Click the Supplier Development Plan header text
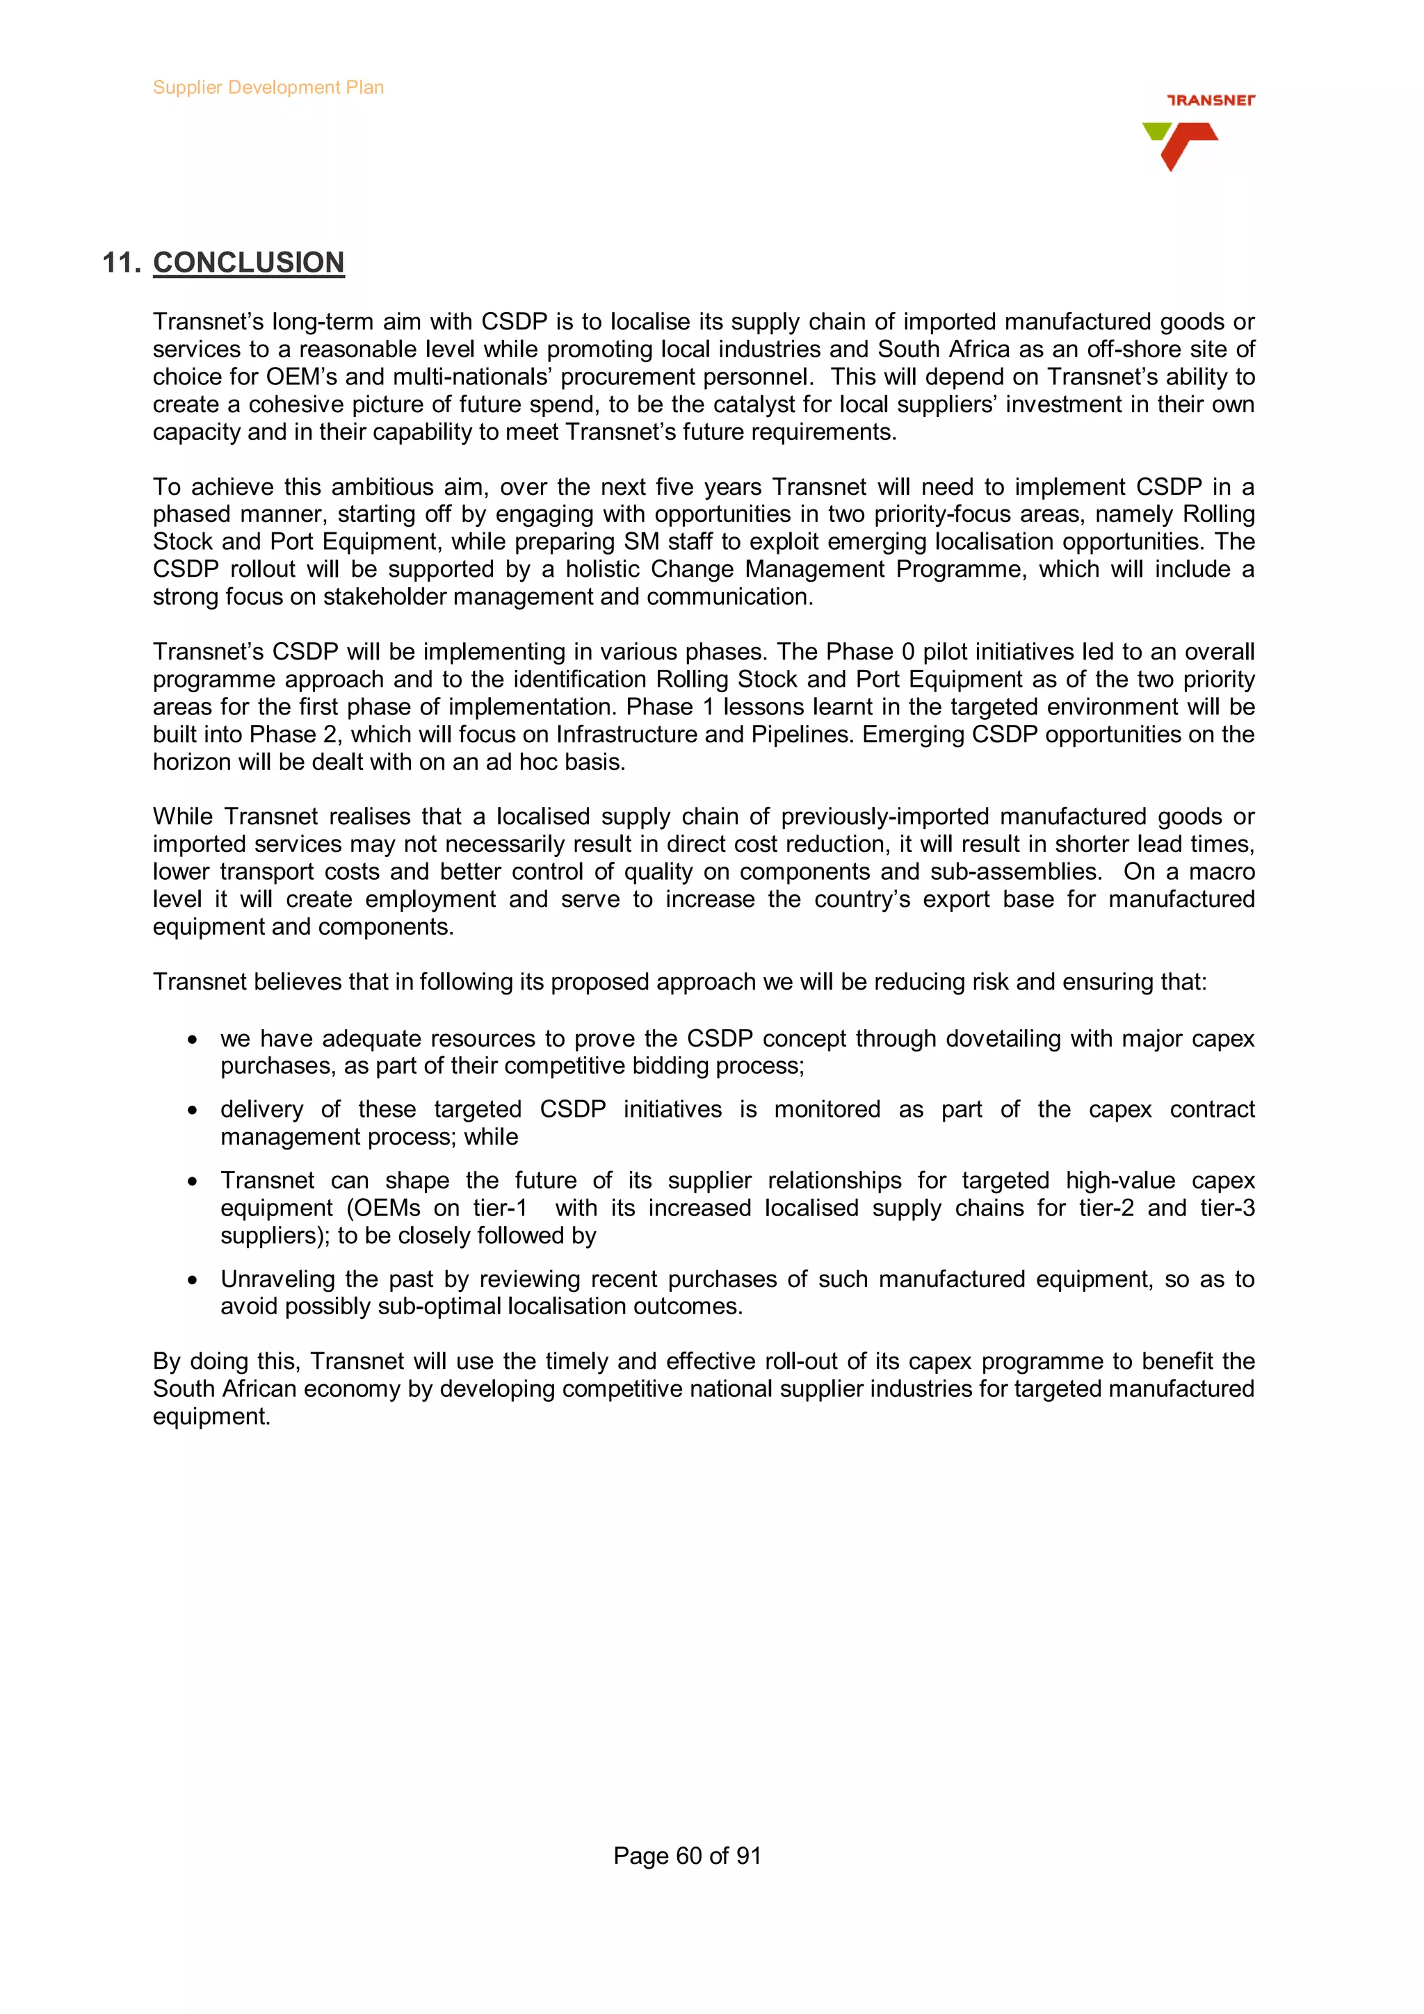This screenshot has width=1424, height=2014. pos(268,88)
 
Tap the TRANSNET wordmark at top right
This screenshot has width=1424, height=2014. pos(1210,100)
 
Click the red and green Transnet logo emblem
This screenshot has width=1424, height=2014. pos(1180,145)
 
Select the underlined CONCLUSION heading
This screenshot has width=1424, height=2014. pos(248,262)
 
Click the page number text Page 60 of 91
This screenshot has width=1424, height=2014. pos(687,1856)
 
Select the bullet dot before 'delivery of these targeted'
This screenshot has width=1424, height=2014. pos(192,1111)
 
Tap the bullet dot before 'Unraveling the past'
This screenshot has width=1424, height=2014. pos(192,1281)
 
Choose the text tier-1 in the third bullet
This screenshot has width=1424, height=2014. pos(499,1208)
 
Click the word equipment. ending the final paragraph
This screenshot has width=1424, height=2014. pos(211,1416)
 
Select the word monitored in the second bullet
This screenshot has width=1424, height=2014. pos(827,1110)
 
